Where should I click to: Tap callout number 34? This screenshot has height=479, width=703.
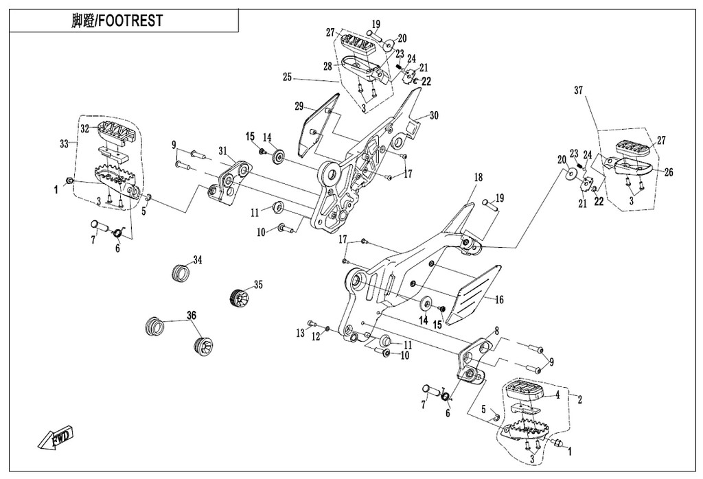(x=198, y=259)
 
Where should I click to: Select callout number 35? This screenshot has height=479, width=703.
(x=258, y=283)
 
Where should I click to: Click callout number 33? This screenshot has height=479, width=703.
(x=65, y=143)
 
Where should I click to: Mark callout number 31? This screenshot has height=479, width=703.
(x=222, y=151)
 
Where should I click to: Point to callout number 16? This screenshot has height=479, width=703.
(x=499, y=300)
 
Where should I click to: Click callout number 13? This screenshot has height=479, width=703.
(x=300, y=333)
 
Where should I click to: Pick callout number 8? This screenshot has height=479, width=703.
(x=496, y=331)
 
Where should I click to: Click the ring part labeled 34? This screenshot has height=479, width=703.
(x=180, y=272)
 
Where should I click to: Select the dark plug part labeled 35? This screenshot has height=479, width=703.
(x=238, y=298)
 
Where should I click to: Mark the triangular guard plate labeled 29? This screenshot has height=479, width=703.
(x=312, y=128)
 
